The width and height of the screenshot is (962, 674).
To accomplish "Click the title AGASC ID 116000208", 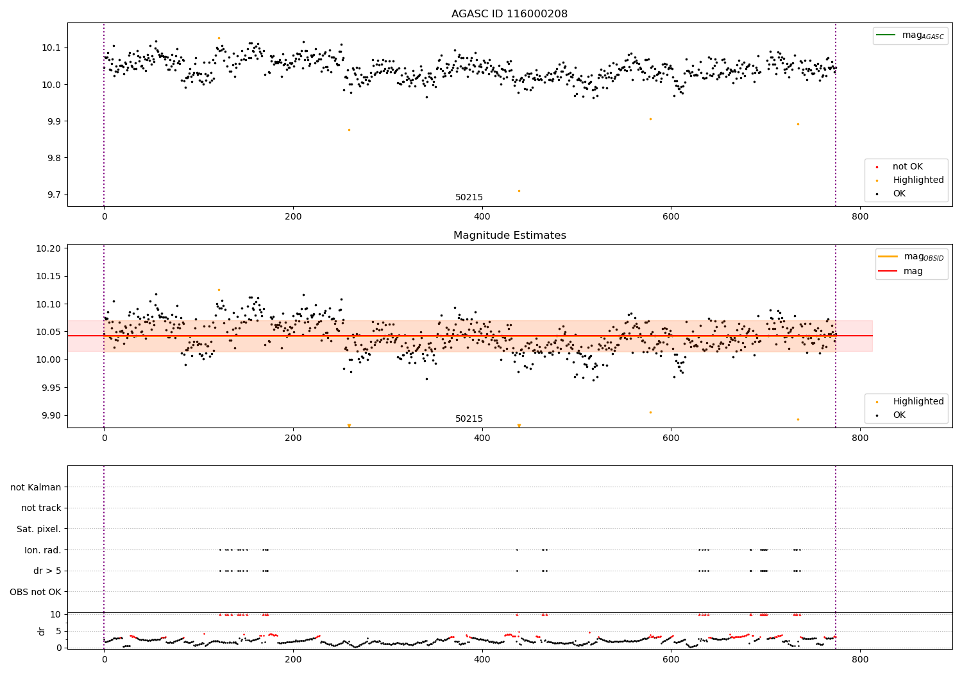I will click(509, 14).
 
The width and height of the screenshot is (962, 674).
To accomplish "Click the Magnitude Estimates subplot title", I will click(509, 236).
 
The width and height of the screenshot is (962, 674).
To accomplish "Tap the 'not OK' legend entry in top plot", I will click(907, 167).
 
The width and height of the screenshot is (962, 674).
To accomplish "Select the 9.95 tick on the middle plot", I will click(51, 388).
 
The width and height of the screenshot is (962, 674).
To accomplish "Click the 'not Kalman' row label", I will click(36, 488).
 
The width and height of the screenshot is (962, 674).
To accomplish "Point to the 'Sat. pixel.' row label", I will click(38, 530).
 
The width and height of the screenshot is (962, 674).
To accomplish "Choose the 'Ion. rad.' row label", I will click(43, 550).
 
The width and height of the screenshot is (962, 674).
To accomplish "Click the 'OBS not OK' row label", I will click(35, 592).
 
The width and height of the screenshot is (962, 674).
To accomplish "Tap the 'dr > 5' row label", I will click(47, 571).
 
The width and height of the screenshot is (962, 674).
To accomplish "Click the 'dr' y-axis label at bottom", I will click(42, 631).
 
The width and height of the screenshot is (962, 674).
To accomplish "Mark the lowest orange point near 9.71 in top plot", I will click(519, 191).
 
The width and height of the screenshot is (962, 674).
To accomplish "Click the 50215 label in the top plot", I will click(469, 198).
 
